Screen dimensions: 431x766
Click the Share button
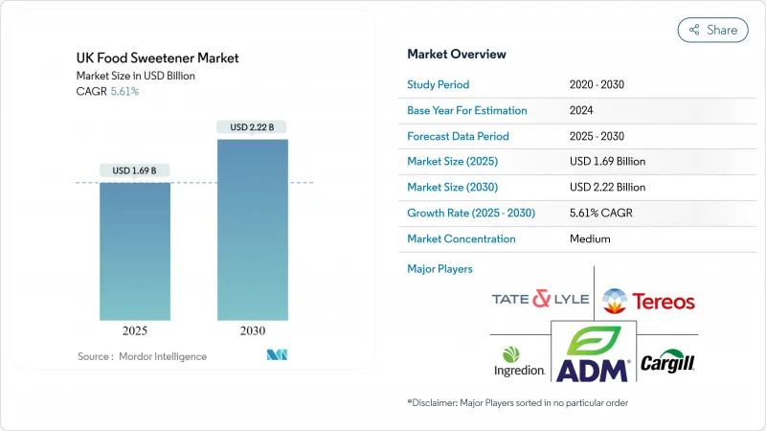tap(712, 30)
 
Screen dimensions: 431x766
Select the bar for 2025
tap(136, 251)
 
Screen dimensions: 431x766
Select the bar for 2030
tap(253, 230)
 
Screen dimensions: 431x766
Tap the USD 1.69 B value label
tap(135, 170)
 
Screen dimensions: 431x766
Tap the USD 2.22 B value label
tap(253, 126)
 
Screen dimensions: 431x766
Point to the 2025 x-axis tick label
tap(136, 331)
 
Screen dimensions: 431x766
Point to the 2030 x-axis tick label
tap(253, 331)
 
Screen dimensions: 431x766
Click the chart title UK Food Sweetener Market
tap(158, 57)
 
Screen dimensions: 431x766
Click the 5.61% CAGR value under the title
tap(124, 92)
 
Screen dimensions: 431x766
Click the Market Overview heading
tap(457, 54)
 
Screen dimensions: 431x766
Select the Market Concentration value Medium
tap(590, 238)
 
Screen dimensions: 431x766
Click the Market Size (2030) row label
tap(451, 187)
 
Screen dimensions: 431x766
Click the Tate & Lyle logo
tap(535, 300)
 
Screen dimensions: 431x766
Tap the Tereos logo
tap(648, 301)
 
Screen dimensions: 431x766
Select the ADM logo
tap(593, 353)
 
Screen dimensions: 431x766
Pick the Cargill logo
tap(666, 362)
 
